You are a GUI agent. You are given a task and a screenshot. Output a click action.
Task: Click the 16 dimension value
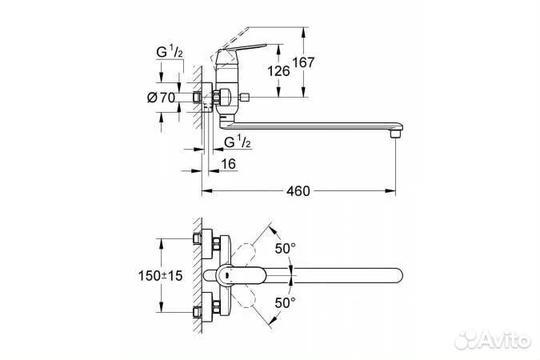point(229,163)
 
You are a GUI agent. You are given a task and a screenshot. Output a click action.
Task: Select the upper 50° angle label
point(286,249)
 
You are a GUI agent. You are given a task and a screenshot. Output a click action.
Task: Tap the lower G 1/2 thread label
point(238,142)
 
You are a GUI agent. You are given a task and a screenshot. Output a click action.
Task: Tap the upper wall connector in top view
point(202,241)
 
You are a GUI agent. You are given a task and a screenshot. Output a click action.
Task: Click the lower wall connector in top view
point(202,307)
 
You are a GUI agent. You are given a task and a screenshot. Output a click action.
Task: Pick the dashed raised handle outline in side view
point(256,37)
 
